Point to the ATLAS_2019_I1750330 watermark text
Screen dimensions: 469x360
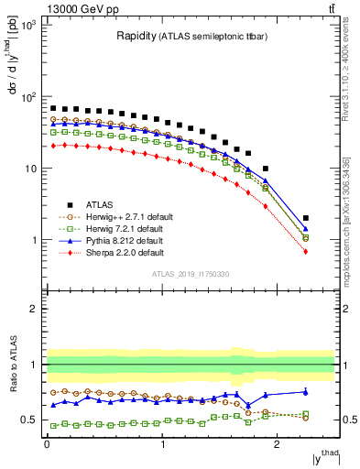pos(190,274)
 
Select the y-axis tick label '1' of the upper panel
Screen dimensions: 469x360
pos(37,240)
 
